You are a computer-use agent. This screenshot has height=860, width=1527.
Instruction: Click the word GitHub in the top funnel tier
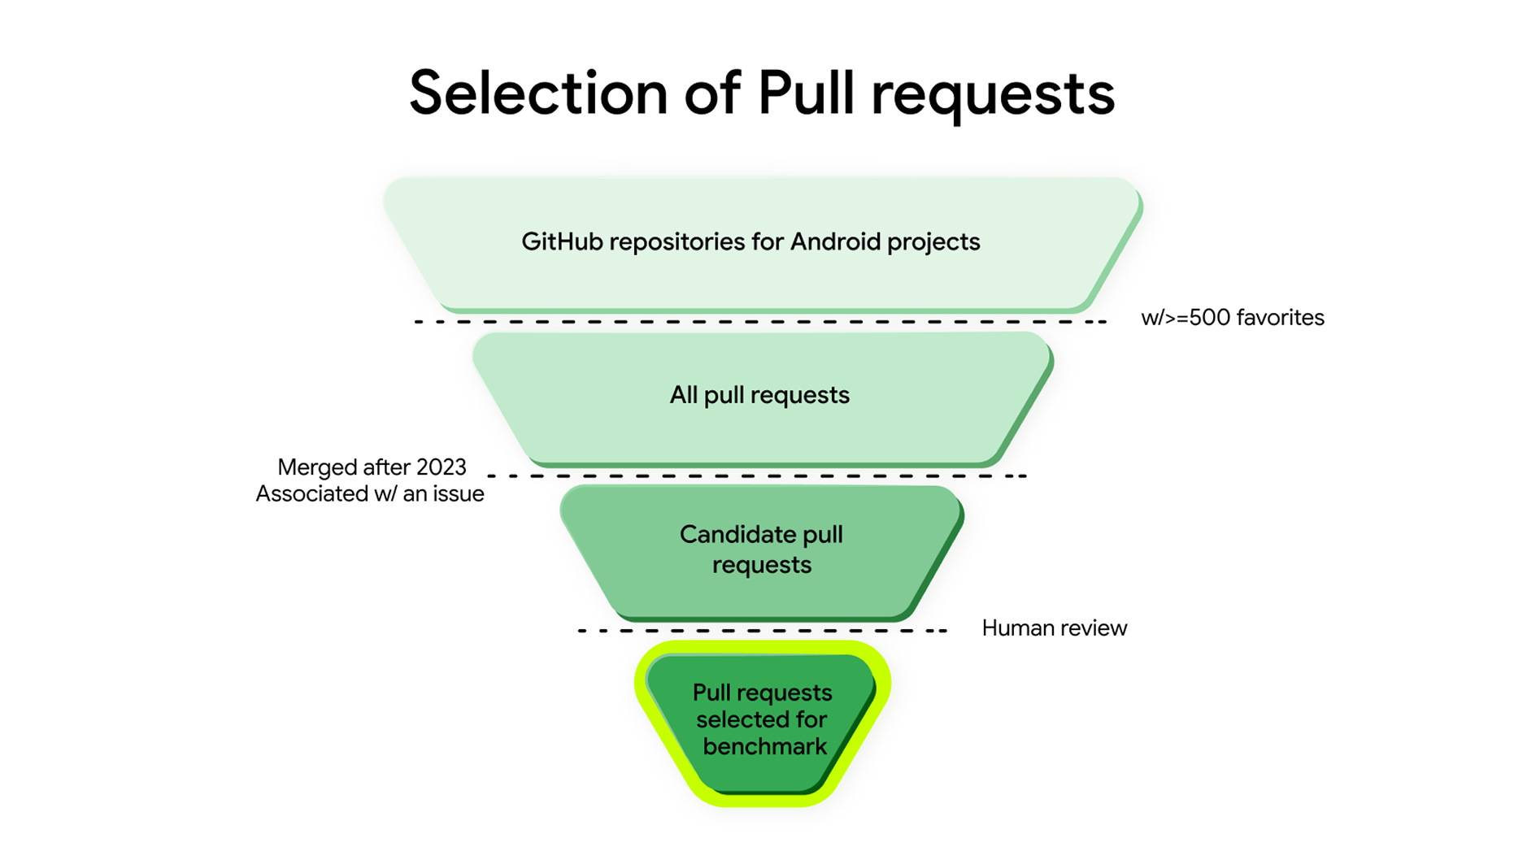[x=562, y=241]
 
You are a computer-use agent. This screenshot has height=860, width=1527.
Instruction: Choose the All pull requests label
[x=759, y=395]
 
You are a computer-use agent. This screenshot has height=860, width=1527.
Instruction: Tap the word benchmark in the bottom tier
[x=764, y=746]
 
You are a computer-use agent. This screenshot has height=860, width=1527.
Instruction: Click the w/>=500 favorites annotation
[x=1232, y=318]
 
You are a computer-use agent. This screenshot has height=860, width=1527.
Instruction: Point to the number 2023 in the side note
[x=441, y=467]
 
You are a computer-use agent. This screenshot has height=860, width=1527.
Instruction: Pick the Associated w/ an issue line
[x=370, y=493]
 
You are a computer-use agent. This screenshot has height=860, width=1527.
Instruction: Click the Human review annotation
[x=1054, y=628]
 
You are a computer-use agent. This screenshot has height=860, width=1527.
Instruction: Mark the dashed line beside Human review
[x=762, y=631]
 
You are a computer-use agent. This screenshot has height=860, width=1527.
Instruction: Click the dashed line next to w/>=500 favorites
[x=760, y=322]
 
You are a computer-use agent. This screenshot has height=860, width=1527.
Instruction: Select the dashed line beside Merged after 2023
[x=756, y=476]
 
